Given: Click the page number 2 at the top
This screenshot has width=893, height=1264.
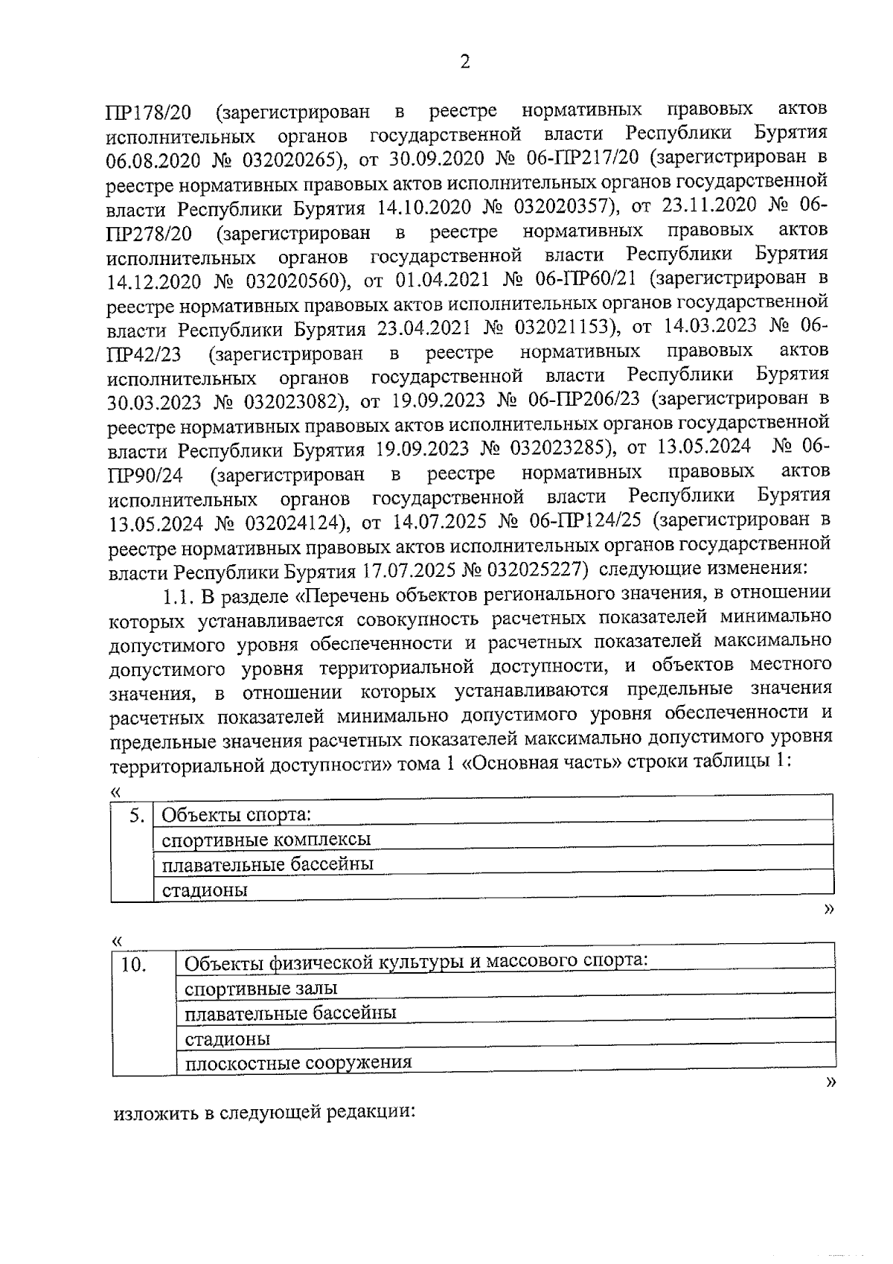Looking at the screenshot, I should [465, 63].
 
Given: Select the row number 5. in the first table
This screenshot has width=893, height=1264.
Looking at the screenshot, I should [136, 815].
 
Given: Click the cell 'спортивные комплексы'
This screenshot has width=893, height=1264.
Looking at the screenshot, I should [266, 840].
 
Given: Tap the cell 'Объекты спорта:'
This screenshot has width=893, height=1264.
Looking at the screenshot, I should [236, 815].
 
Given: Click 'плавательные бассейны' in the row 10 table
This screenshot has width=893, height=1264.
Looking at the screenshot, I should [290, 1013].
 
